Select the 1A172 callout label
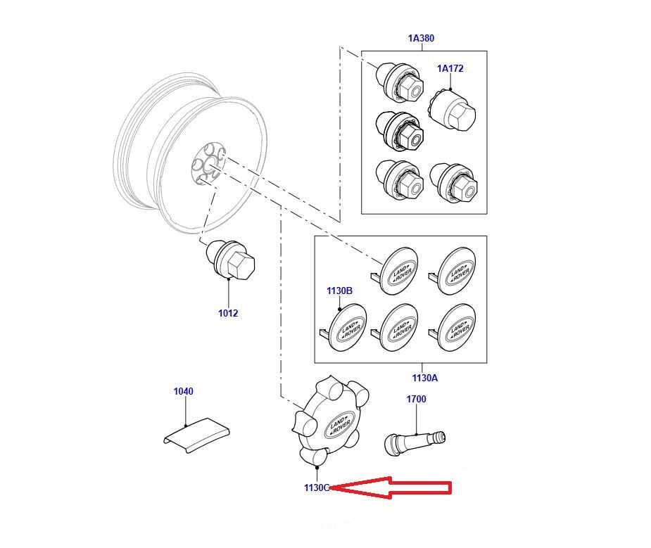pos(450,68)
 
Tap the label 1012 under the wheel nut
pos(228,313)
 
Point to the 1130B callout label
pos(339,290)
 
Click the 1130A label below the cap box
pos(424,378)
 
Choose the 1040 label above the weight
pos(183,391)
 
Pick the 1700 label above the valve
pos(416,399)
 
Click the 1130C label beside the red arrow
pos(317,487)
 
